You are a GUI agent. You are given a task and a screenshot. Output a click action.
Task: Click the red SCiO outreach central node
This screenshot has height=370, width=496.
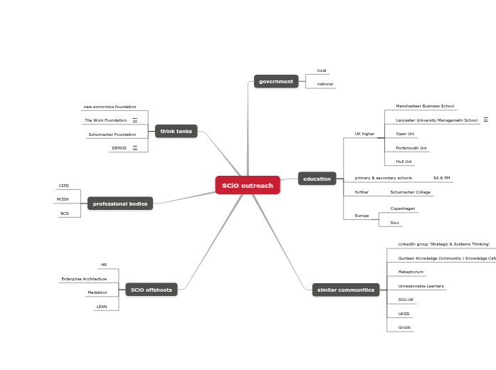(248, 186)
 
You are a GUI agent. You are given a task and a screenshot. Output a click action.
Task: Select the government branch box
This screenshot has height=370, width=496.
(276, 82)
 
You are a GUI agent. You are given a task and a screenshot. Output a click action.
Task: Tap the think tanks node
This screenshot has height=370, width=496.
(176, 132)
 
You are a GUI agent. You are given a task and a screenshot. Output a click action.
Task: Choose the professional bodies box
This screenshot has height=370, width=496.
(120, 204)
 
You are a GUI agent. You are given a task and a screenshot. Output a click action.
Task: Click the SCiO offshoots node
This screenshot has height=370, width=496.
(152, 290)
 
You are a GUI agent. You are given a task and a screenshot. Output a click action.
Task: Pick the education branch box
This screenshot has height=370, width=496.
(317, 179)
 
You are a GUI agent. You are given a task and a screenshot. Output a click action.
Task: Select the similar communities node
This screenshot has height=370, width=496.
(346, 290)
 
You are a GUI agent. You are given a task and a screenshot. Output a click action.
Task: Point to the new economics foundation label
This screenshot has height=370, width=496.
(110, 107)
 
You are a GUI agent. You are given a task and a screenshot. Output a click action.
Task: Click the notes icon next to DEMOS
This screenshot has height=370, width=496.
(135, 148)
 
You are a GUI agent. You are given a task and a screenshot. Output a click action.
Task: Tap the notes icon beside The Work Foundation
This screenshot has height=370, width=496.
(135, 120)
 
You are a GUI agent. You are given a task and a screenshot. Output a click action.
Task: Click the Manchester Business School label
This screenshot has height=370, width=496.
(425, 106)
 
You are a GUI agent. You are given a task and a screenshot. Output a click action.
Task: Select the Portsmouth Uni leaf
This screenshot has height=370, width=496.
(411, 148)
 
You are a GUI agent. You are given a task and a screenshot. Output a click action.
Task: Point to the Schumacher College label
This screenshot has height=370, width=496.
(410, 192)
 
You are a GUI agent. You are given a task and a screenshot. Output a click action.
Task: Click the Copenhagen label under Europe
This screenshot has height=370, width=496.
(403, 208)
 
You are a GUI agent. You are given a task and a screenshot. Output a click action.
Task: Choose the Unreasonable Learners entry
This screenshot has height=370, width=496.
(421, 286)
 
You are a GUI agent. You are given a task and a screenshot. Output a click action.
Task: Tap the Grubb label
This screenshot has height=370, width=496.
(404, 327)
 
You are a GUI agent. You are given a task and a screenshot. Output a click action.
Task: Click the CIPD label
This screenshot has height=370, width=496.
(64, 186)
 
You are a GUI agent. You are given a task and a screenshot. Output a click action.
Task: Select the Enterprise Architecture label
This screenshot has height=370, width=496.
(84, 279)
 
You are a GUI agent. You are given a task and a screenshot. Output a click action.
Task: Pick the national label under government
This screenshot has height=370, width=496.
(325, 84)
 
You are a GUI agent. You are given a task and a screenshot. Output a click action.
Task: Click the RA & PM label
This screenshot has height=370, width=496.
(442, 178)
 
